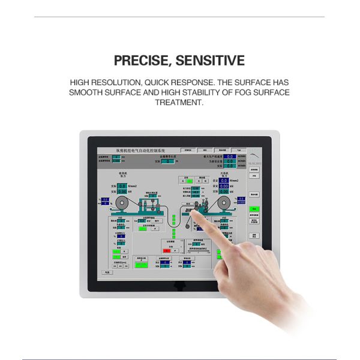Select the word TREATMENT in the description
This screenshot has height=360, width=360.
coord(179,103)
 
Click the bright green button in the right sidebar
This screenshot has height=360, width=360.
coord(254,209)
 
